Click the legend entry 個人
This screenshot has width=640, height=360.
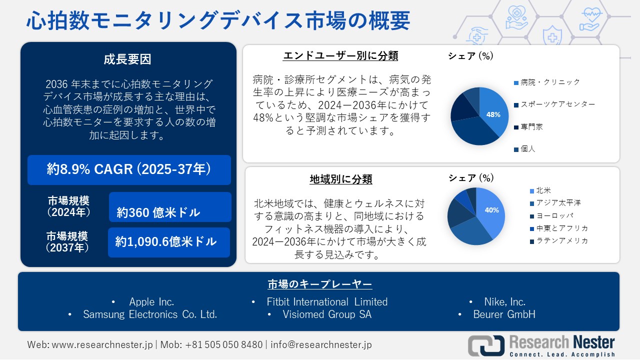527,149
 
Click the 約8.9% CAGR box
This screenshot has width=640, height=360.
129,170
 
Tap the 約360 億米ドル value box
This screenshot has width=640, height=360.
170,207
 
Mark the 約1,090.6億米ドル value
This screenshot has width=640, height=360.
169,242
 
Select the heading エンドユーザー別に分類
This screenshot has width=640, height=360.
340,55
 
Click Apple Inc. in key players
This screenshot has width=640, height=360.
151,302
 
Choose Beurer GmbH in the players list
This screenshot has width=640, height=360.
504,314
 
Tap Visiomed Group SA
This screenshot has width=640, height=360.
327,314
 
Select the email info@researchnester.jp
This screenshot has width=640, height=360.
321,344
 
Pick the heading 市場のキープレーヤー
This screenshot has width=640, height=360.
319,284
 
